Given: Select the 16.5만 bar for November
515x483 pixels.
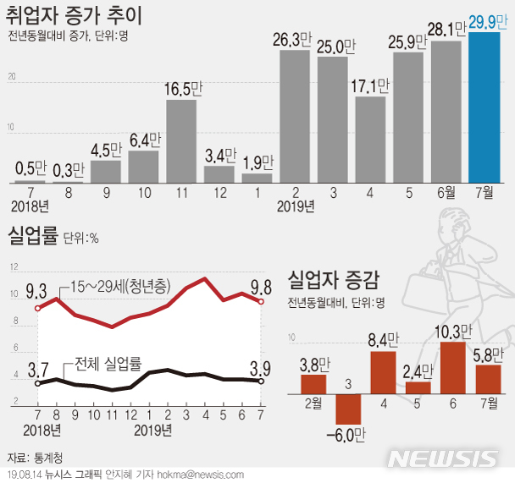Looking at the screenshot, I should (x=181, y=141).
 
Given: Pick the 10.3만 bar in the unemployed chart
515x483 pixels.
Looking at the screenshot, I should (x=452, y=368).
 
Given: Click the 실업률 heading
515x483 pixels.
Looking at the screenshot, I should (x=31, y=235).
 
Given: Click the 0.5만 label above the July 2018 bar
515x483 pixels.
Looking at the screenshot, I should (x=32, y=167).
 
